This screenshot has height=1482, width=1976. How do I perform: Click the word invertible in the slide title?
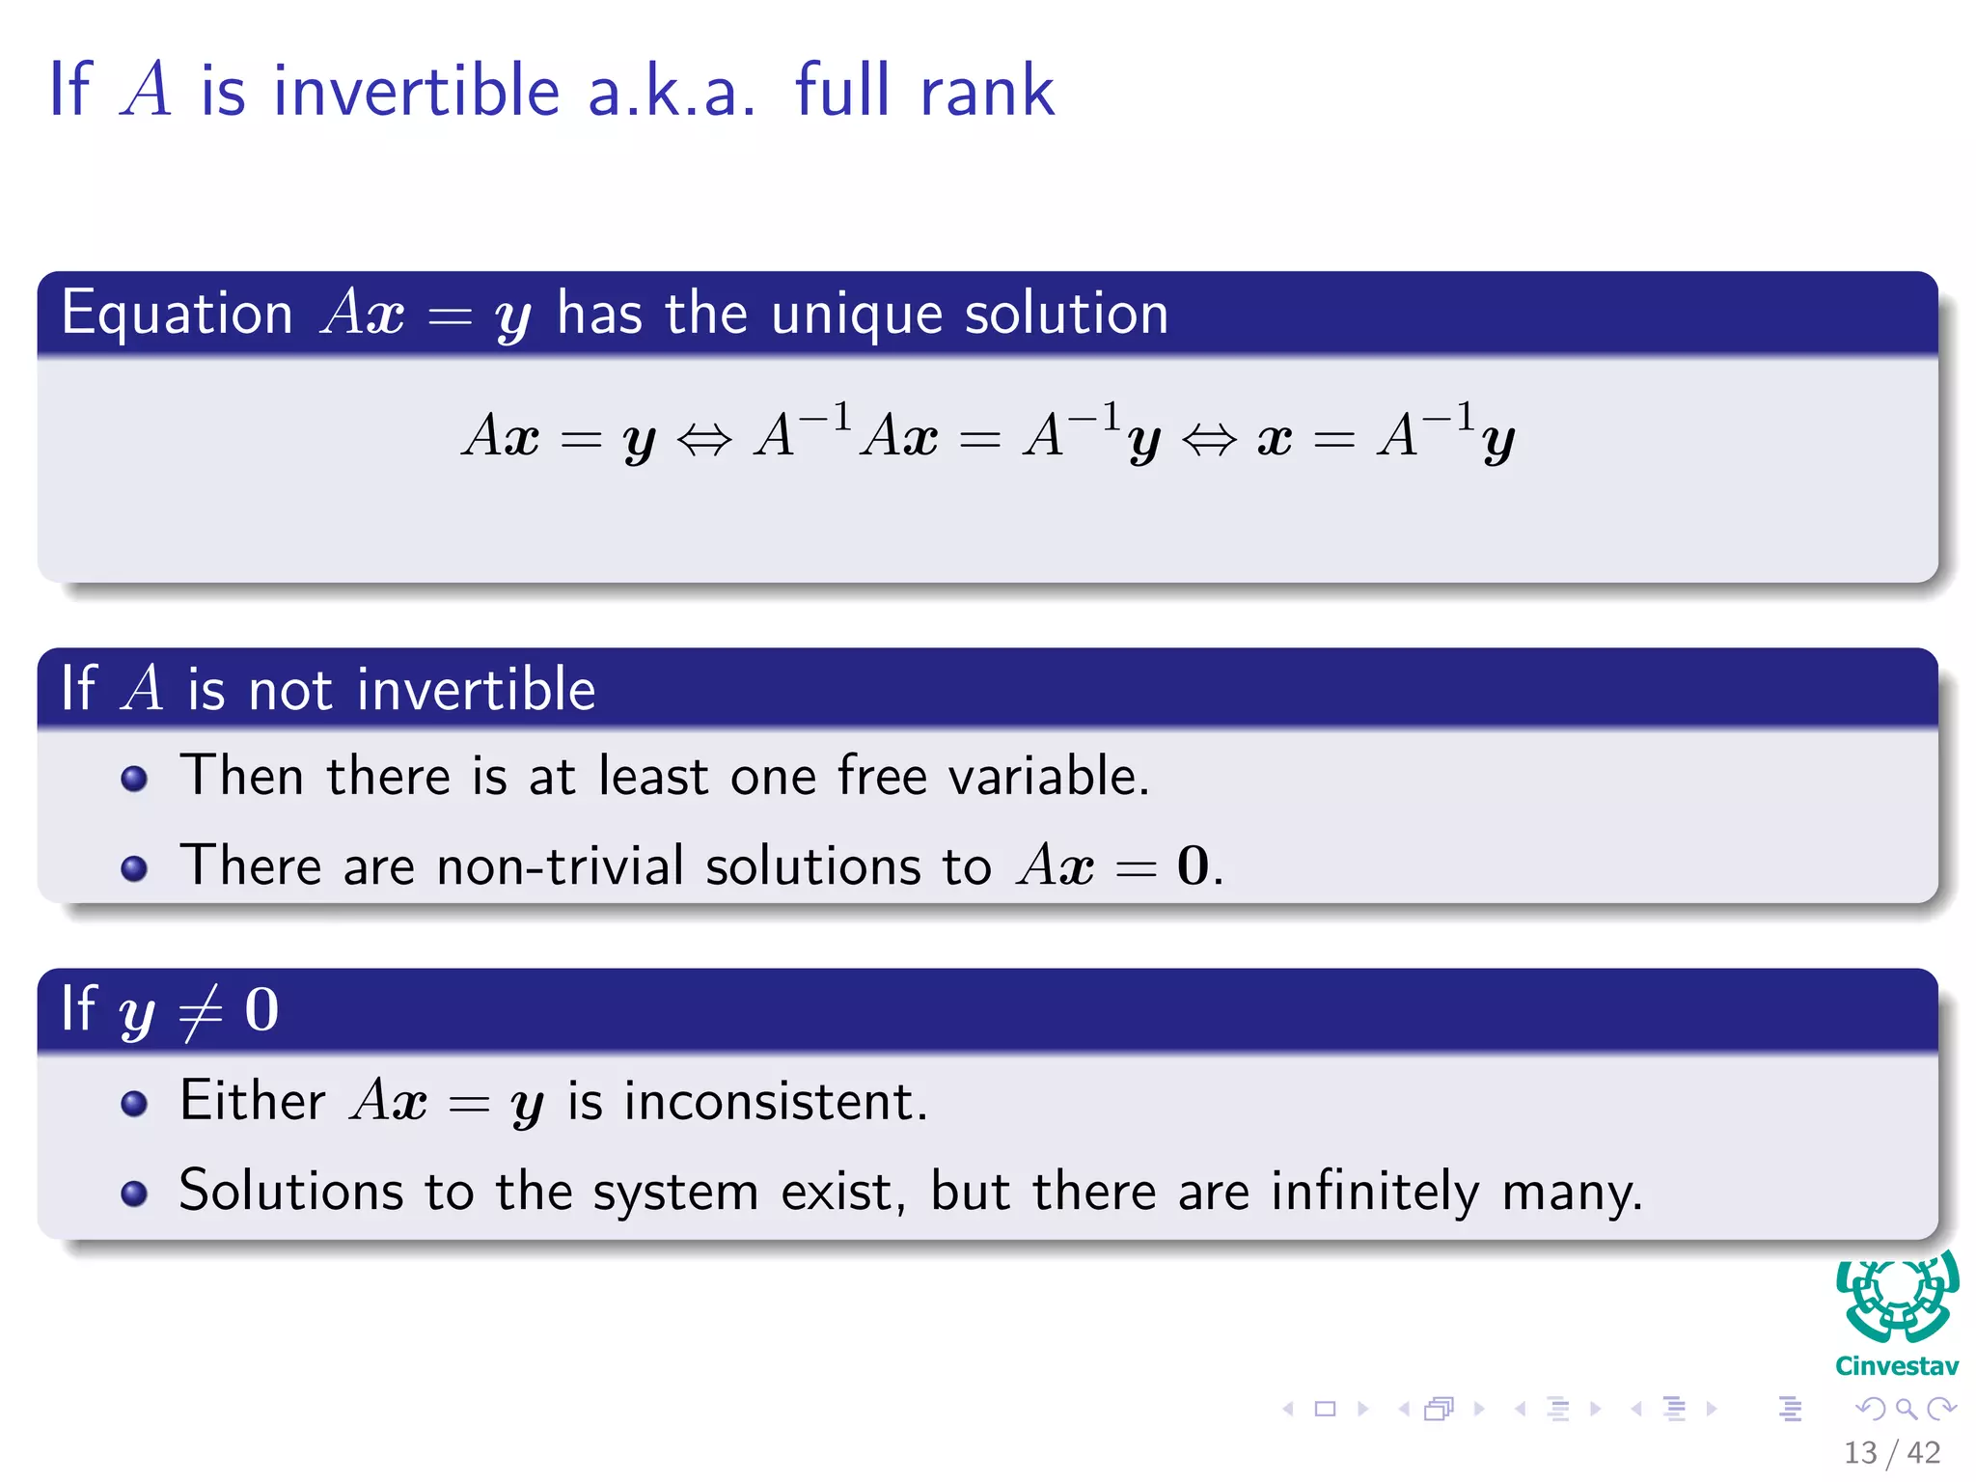click(x=416, y=91)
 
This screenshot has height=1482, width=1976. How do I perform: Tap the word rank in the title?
click(x=987, y=91)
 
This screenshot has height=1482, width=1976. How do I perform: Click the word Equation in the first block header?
click(x=177, y=315)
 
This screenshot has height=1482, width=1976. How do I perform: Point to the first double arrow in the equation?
click(x=704, y=440)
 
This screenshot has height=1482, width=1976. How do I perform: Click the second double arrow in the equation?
click(x=1209, y=440)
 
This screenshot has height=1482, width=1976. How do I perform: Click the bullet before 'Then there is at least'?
click(x=134, y=779)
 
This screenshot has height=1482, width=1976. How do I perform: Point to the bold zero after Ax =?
click(x=1193, y=865)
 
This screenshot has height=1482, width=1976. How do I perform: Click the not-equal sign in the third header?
click(x=201, y=1011)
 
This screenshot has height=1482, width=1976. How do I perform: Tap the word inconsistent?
click(x=775, y=1102)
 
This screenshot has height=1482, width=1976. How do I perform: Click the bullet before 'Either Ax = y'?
click(x=134, y=1104)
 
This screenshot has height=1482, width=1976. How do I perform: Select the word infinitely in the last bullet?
click(x=1374, y=1192)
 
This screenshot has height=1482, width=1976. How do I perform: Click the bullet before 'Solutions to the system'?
click(x=134, y=1194)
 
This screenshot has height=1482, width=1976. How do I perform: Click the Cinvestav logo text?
click(x=1896, y=1366)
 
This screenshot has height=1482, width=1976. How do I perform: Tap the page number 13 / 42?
click(x=1891, y=1452)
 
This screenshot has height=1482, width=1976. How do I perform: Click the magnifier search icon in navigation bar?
click(x=1906, y=1410)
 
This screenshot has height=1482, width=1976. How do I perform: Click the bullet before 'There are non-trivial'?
click(x=134, y=868)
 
